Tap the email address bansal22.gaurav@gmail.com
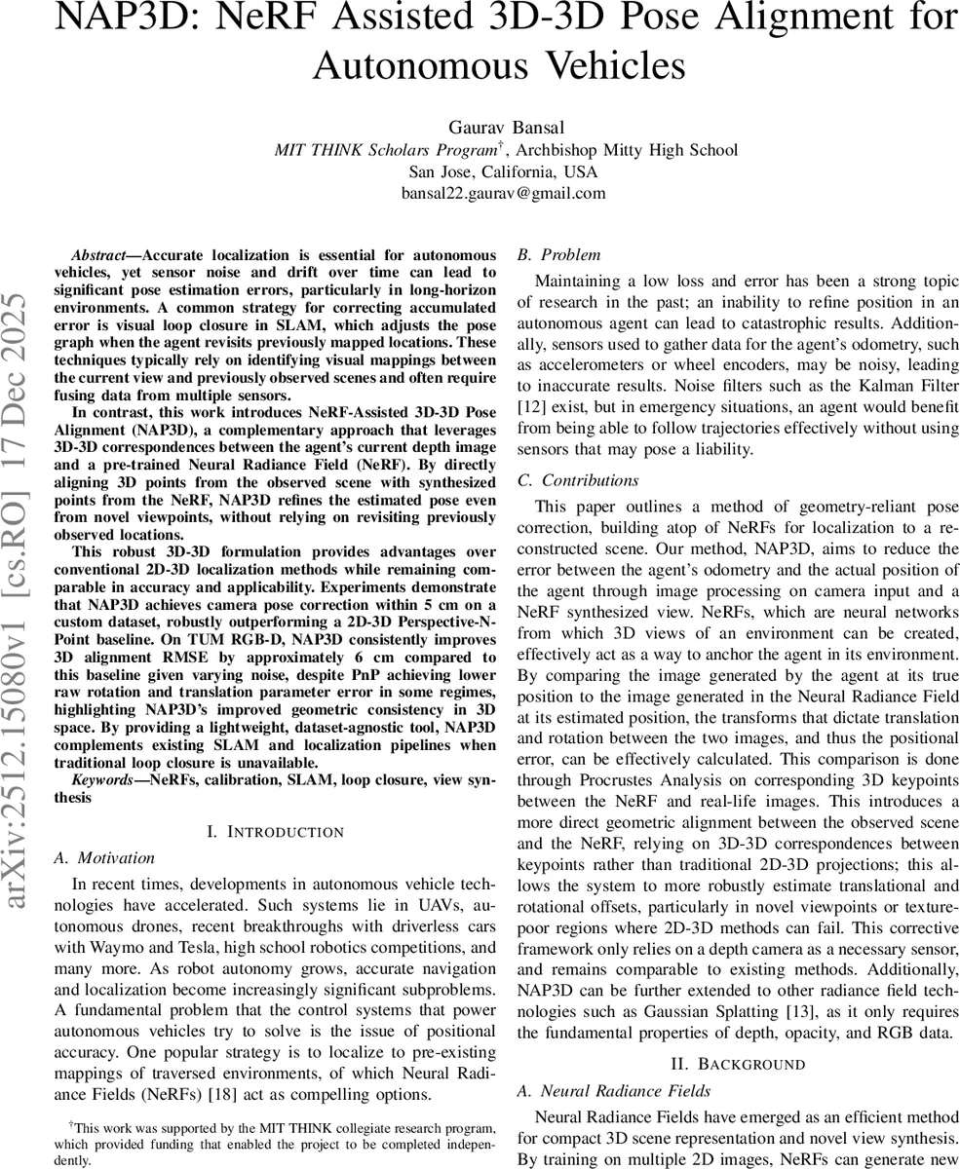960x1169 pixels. pyautogui.click(x=504, y=192)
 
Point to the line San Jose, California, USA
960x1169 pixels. pyautogui.click(x=504, y=170)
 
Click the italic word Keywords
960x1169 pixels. pyautogui.click(x=102, y=781)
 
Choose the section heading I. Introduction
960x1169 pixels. pyautogui.click(x=276, y=831)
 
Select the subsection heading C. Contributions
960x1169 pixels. pyautogui.click(x=578, y=480)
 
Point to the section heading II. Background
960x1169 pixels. pyautogui.click(x=738, y=1063)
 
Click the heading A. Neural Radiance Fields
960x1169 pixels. pyautogui.click(x=613, y=1090)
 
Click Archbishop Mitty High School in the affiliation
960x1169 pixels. pyautogui.click(x=627, y=149)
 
